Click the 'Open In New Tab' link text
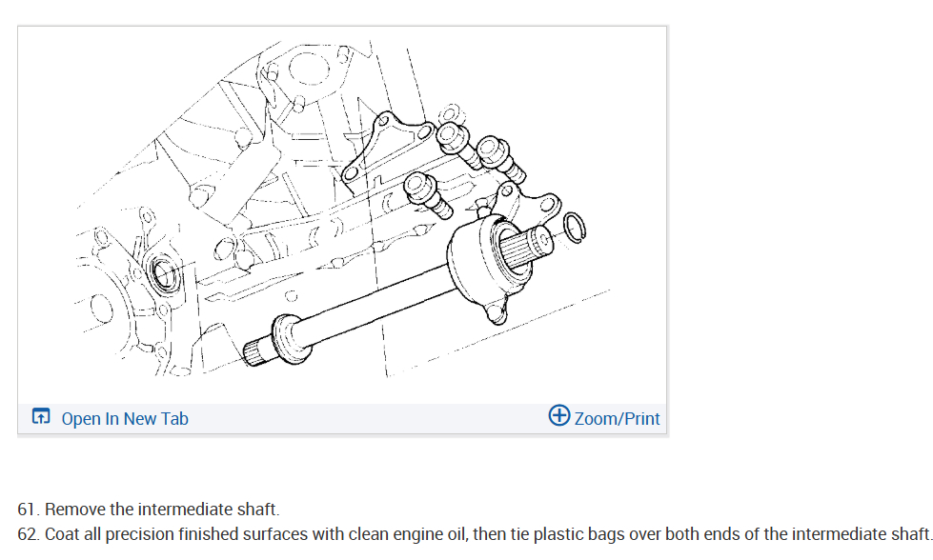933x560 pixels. click(x=125, y=418)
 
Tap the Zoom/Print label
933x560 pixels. click(x=617, y=418)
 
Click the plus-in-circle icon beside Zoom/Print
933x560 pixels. click(x=559, y=415)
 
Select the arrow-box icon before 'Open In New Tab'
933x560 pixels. click(x=41, y=417)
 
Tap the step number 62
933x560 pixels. click(x=29, y=533)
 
